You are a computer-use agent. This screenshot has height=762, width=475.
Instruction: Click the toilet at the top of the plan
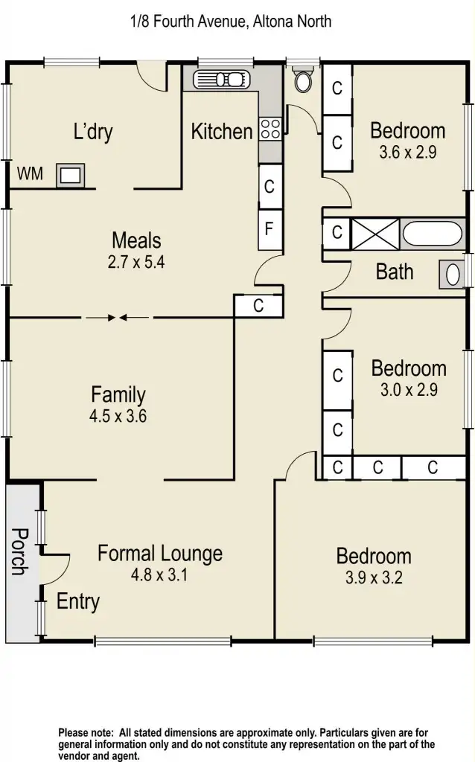303,80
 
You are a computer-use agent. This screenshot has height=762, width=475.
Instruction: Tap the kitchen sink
220,79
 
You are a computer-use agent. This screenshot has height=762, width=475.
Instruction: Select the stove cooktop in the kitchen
270,129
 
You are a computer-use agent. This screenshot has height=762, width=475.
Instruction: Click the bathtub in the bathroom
433,234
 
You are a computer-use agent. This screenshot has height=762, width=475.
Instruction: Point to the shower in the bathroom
374,234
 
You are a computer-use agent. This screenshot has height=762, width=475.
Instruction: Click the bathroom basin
452,274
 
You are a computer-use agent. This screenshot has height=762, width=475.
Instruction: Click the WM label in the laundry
30,174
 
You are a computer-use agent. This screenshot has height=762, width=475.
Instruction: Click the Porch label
19,551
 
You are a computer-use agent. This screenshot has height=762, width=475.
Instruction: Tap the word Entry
78,601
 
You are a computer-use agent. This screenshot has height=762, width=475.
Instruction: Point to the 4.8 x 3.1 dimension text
160,574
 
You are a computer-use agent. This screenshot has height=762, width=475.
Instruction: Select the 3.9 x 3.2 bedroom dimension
374,577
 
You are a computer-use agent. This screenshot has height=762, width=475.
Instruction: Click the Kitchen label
222,132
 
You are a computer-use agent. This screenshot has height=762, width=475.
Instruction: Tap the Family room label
118,394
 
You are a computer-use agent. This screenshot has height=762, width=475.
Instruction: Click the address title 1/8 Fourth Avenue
230,21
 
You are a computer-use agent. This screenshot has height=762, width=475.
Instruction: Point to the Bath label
395,272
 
